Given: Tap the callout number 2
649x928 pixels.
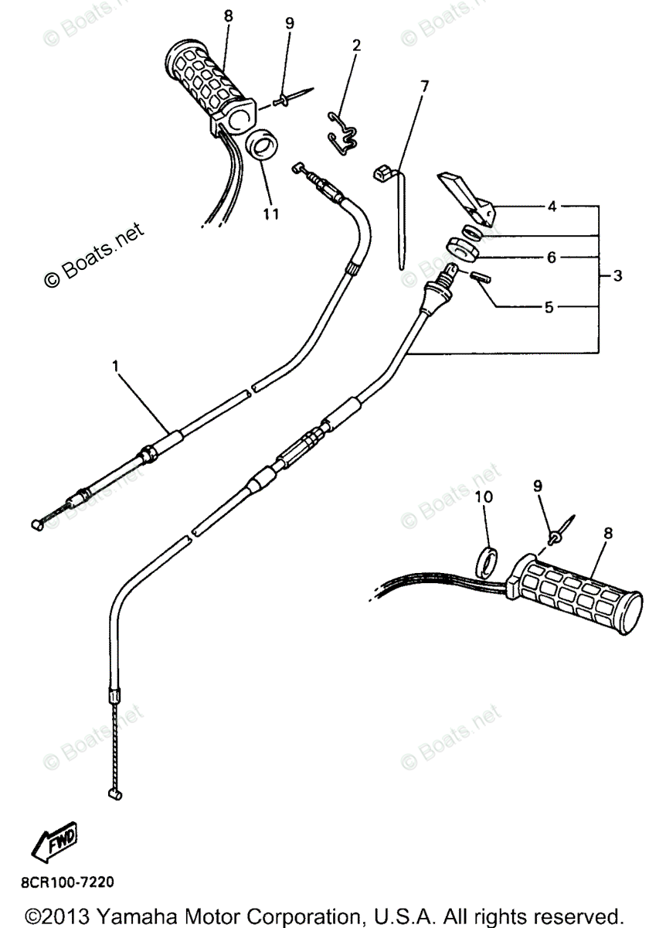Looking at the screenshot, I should pyautogui.click(x=356, y=46).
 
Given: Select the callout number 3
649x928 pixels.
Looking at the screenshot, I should pyautogui.click(x=617, y=275).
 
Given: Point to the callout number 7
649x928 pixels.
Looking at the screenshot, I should pyautogui.click(x=424, y=86).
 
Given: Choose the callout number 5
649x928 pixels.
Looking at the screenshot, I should pyautogui.click(x=549, y=307).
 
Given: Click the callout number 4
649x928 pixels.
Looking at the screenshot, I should pyautogui.click(x=552, y=206).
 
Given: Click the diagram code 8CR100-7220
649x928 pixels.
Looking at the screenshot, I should pyautogui.click(x=70, y=881).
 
